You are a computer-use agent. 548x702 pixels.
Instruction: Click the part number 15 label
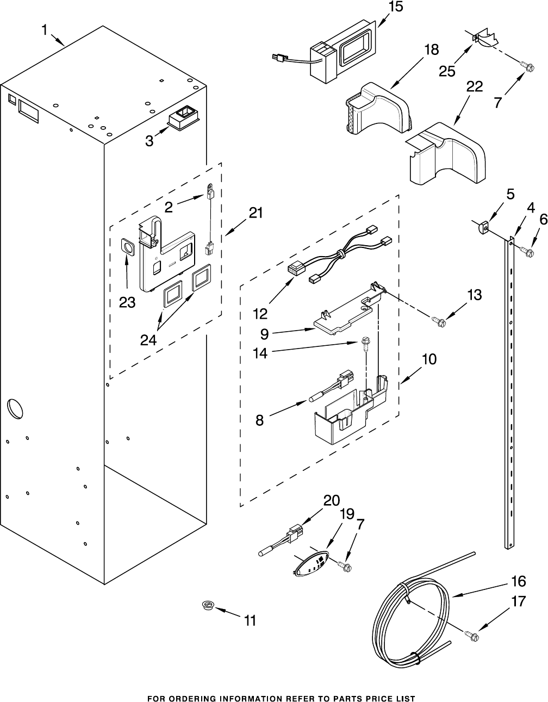[x=395, y=7]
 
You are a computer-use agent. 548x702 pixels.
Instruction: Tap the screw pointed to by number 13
[x=439, y=321]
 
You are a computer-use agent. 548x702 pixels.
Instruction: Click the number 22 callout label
[x=474, y=86]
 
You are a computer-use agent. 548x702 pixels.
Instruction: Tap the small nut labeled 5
[x=482, y=227]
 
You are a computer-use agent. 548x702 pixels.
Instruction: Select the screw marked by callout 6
[x=527, y=251]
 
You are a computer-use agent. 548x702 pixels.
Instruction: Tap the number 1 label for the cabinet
[x=45, y=30]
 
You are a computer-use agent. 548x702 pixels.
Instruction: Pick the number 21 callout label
[x=256, y=213]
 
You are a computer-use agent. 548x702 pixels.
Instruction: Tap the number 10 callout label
[x=429, y=359]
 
